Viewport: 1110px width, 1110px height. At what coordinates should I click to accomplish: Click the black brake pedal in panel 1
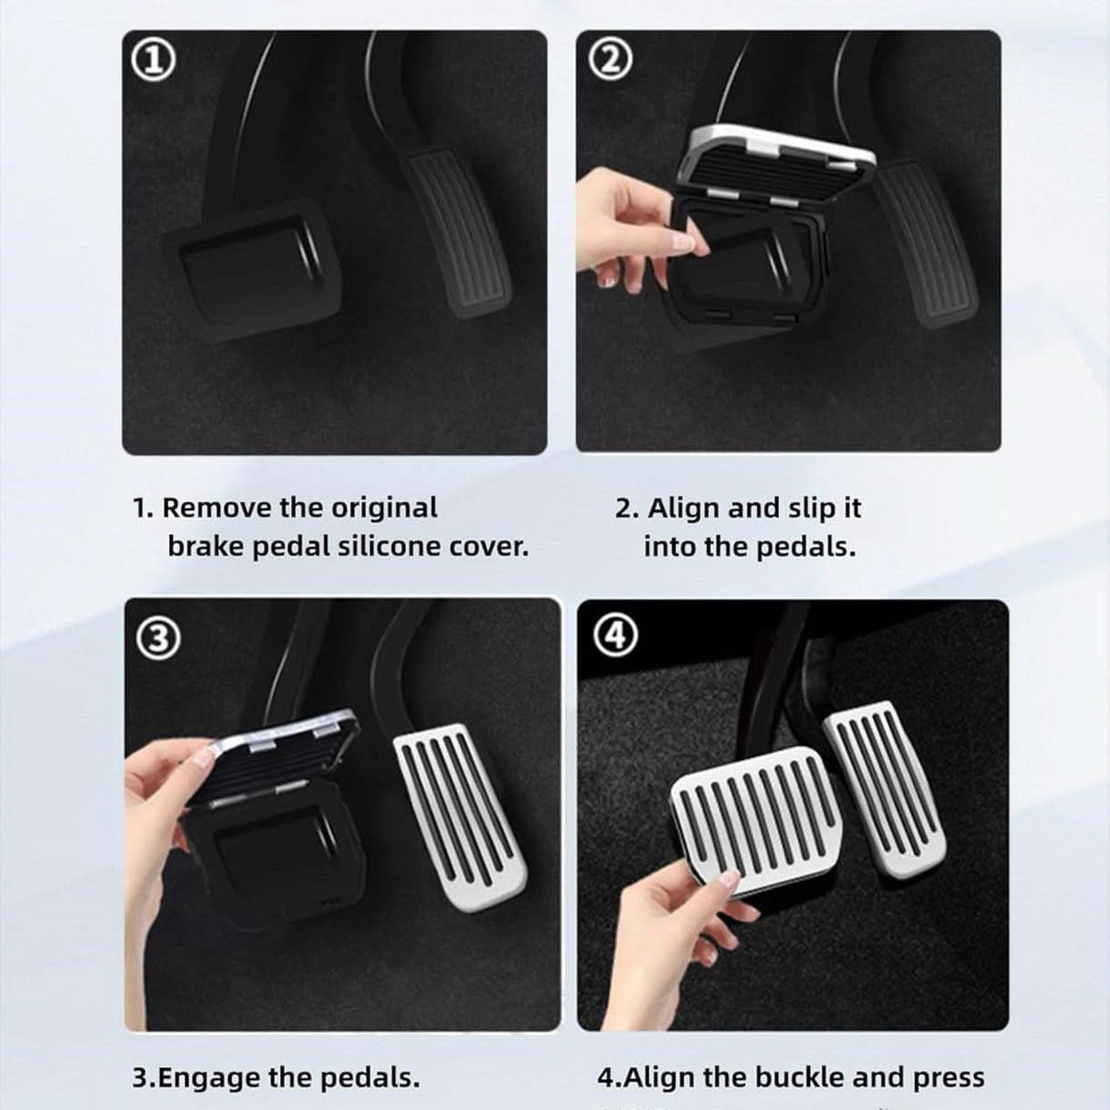point(245,266)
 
